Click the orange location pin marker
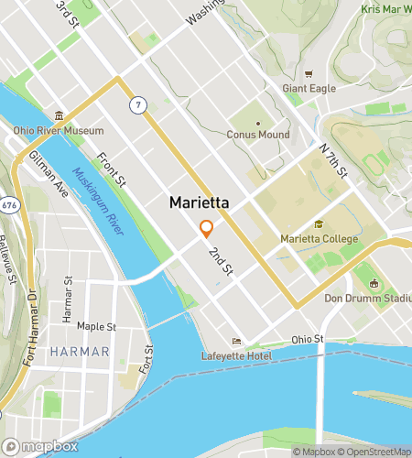click(207, 228)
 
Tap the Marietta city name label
click(199, 203)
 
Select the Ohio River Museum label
click(59, 131)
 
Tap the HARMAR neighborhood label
click(80, 352)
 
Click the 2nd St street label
click(221, 262)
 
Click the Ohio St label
click(308, 339)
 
